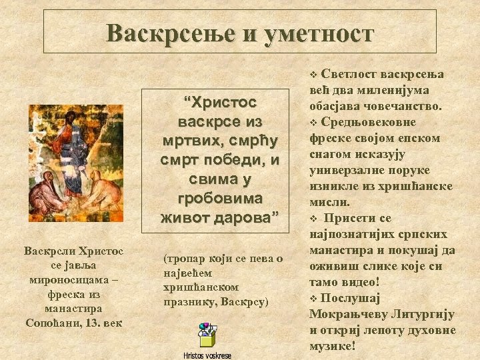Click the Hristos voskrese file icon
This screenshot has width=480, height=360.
(x=208, y=335)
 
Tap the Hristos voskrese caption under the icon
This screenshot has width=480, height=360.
(x=208, y=355)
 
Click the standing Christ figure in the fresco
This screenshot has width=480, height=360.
(x=73, y=147)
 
